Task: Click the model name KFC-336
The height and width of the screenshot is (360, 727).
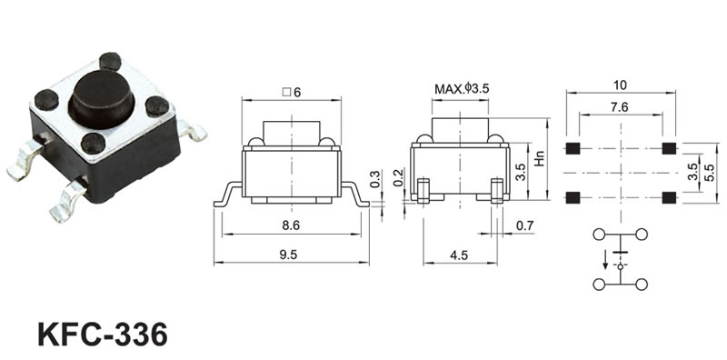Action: (x=103, y=335)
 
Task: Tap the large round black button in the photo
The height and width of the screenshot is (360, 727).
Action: (x=102, y=99)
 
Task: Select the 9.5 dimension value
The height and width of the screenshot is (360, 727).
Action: (x=288, y=255)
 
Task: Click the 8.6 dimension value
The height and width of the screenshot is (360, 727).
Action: (x=291, y=225)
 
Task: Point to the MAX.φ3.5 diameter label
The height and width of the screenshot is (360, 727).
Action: (x=462, y=88)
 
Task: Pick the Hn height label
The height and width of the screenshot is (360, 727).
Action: (x=540, y=159)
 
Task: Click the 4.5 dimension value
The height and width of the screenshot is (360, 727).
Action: (x=459, y=255)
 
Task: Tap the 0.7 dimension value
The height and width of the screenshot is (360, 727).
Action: (x=525, y=226)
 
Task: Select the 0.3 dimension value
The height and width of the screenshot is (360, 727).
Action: (x=375, y=179)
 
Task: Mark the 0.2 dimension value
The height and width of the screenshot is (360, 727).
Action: (x=398, y=178)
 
